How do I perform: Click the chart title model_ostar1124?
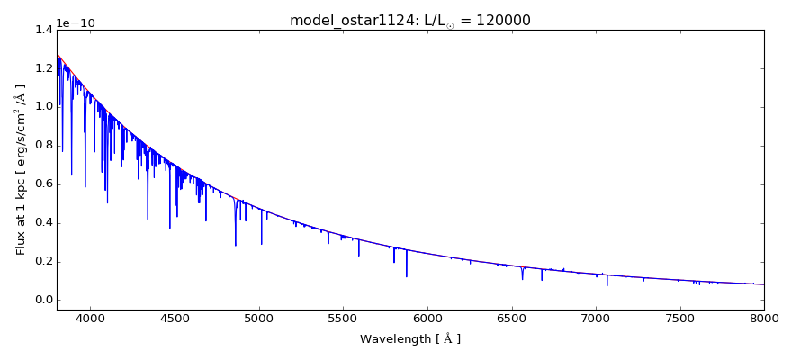(x=342, y=21)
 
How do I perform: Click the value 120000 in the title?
(x=500, y=21)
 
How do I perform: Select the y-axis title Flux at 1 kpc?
(x=21, y=169)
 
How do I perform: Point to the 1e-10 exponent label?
(x=76, y=23)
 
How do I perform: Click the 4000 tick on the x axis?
(x=90, y=318)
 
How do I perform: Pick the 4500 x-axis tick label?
(x=175, y=318)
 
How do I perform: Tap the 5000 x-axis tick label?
(x=259, y=318)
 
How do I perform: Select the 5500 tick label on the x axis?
(x=343, y=318)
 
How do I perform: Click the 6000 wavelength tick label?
(x=427, y=318)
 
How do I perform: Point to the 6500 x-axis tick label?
(x=511, y=318)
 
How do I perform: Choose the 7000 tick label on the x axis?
(x=596, y=318)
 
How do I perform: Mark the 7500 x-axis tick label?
(x=679, y=318)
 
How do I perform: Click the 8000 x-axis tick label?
(x=763, y=318)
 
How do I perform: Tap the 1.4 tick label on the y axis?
(x=43, y=30)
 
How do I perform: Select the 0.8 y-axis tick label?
(x=43, y=146)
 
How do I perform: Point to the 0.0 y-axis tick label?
(x=43, y=301)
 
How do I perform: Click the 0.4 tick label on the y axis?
(x=43, y=223)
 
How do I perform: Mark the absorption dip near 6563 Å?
(x=522, y=274)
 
